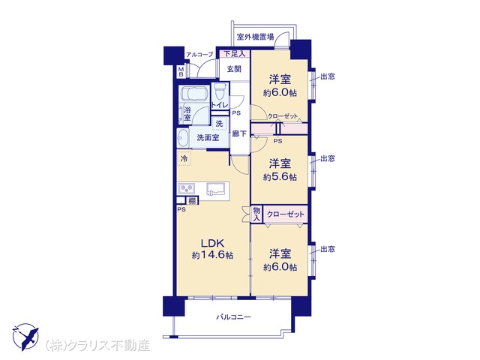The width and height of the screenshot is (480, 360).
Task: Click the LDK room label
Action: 213,243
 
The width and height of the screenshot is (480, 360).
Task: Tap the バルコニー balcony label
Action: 233,316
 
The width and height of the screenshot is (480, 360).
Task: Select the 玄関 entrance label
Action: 234,69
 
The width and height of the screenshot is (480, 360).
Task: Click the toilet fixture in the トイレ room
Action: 219,90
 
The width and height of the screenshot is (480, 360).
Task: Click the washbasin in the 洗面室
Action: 183,138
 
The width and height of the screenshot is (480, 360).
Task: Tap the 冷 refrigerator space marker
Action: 184,158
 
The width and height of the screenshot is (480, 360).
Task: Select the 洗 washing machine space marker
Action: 219,124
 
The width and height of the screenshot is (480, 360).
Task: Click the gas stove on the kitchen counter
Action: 187,188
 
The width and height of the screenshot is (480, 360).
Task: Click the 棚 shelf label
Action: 192,201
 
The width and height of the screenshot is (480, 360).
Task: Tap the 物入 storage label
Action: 256,214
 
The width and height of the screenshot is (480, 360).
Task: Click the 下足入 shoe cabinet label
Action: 235,54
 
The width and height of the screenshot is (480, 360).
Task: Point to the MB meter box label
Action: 181,72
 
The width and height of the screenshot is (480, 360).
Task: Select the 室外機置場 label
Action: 256,37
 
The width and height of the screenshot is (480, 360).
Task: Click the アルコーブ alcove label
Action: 199,55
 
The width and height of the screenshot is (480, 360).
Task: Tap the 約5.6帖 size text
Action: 280,177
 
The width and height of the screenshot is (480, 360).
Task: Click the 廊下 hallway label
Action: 239,133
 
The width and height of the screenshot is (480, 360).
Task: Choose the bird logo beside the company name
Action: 25,337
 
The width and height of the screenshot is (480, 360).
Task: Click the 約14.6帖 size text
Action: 213,255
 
